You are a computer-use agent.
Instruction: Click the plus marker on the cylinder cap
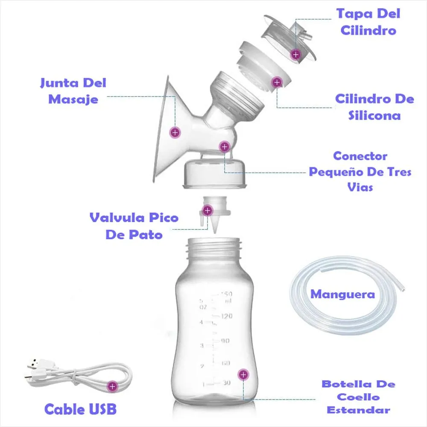tap(296, 55)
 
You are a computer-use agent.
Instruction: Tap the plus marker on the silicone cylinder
tap(277, 82)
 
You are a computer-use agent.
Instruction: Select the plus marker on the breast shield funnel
tap(175, 133)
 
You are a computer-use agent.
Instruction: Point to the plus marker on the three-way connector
tap(225, 147)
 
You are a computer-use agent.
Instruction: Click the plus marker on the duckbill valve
tap(208, 211)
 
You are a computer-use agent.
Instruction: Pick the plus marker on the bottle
tap(243, 375)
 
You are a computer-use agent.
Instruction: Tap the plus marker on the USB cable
tap(112, 386)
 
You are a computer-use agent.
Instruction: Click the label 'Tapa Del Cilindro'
tap(368, 22)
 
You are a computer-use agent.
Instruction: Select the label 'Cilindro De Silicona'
tap(374, 107)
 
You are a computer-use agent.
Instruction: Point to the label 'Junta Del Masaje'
tap(73, 91)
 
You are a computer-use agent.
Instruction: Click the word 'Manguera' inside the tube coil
tap(342, 294)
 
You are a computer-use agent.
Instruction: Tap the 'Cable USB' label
tap(80, 409)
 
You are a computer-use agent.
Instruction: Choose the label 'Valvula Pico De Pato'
tap(134, 226)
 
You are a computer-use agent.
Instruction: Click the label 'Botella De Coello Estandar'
tap(358, 397)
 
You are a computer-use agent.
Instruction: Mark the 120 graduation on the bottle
tap(226, 316)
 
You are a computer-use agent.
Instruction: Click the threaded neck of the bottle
tap(214, 248)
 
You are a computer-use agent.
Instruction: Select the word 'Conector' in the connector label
tap(360, 156)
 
